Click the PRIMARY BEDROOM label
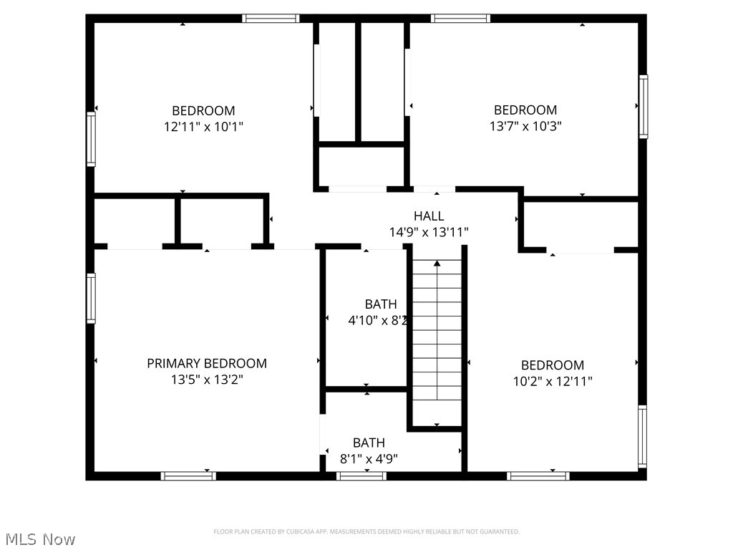pos(207,364)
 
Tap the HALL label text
pos(429,216)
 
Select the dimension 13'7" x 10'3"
pos(525,126)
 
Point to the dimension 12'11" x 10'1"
pos(203,127)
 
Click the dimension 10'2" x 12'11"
pos(552,382)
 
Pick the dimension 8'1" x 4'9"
pos(369,459)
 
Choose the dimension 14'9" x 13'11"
pos(429,232)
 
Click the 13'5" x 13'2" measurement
pos(207,380)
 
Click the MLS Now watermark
pos(40,539)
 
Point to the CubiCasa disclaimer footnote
pos(366,531)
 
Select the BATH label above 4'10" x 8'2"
pos(381,304)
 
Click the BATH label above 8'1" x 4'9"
pos(369,443)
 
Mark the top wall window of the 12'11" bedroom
pos(271,19)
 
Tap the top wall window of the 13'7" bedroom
pos(461,19)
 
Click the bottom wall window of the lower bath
pos(361,476)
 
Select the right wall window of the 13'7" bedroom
pos(643,106)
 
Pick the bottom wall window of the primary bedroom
pos(188,476)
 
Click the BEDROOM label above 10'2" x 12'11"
pos(552,365)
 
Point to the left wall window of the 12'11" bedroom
pos(91,139)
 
